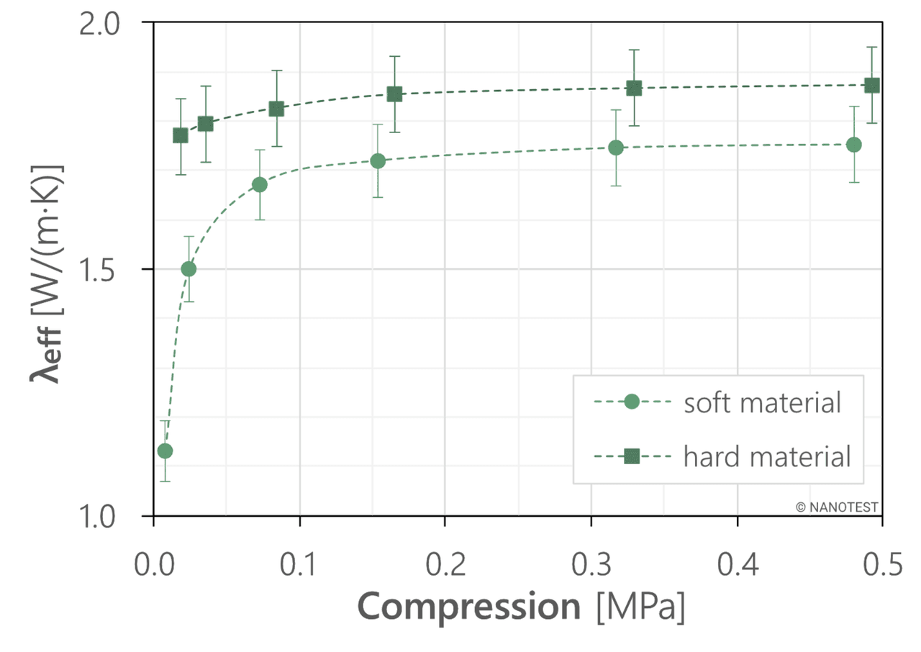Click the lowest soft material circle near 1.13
165,451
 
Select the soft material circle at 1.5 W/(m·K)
189,269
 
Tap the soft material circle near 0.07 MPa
260,185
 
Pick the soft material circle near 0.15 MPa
378,161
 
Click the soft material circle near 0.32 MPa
616,148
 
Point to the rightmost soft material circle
854,145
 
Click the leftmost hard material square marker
181,135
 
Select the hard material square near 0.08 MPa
276,109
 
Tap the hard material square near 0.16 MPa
394,94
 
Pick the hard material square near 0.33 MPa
634,89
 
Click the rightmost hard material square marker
872,86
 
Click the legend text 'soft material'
761,402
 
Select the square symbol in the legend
632,456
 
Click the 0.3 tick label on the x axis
590,566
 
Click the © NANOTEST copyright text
837,507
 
